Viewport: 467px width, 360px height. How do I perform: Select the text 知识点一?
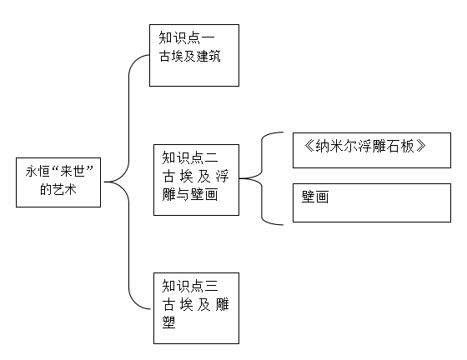click(x=187, y=37)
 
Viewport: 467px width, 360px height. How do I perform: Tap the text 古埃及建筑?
click(x=190, y=56)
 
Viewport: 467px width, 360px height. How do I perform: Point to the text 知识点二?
click(x=190, y=157)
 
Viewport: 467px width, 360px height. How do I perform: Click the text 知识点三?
click(x=190, y=286)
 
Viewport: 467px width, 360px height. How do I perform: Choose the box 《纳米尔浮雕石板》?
click(x=372, y=150)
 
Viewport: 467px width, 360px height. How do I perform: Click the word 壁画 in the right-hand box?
click(x=315, y=197)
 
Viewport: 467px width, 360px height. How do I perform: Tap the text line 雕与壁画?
click(x=190, y=194)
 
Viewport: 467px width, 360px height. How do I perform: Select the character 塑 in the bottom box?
click(x=168, y=322)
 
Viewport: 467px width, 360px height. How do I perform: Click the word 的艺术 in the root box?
click(x=58, y=189)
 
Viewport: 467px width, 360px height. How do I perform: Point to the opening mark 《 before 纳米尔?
click(x=309, y=146)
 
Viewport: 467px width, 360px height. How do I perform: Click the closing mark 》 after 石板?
click(x=420, y=146)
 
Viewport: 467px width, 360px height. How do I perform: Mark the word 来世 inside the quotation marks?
click(x=73, y=172)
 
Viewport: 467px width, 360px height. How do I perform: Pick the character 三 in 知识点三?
click(x=212, y=286)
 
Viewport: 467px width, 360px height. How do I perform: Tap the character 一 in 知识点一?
click(x=208, y=37)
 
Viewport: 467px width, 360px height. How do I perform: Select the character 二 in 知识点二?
click(x=212, y=157)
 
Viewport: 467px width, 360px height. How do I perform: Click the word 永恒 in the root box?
click(x=38, y=172)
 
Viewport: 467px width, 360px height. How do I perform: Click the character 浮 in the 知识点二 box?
click(x=222, y=176)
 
